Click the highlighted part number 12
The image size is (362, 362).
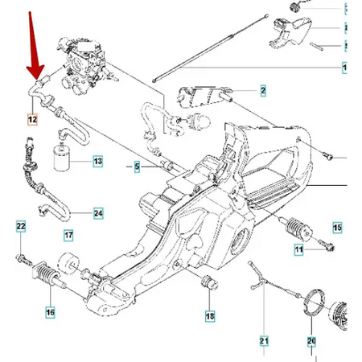[x=32, y=121]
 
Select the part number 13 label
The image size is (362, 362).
[x=97, y=162]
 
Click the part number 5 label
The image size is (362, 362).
[x=137, y=167]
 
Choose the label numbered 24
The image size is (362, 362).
[x=97, y=213]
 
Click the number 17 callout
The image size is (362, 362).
[x=68, y=236]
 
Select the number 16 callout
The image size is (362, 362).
[x=50, y=312]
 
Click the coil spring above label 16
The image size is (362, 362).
[x=50, y=282]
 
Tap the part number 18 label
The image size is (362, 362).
[x=210, y=316]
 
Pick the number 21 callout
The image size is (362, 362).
[x=264, y=341]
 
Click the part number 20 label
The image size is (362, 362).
[x=311, y=341]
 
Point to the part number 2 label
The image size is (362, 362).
[x=261, y=93]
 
